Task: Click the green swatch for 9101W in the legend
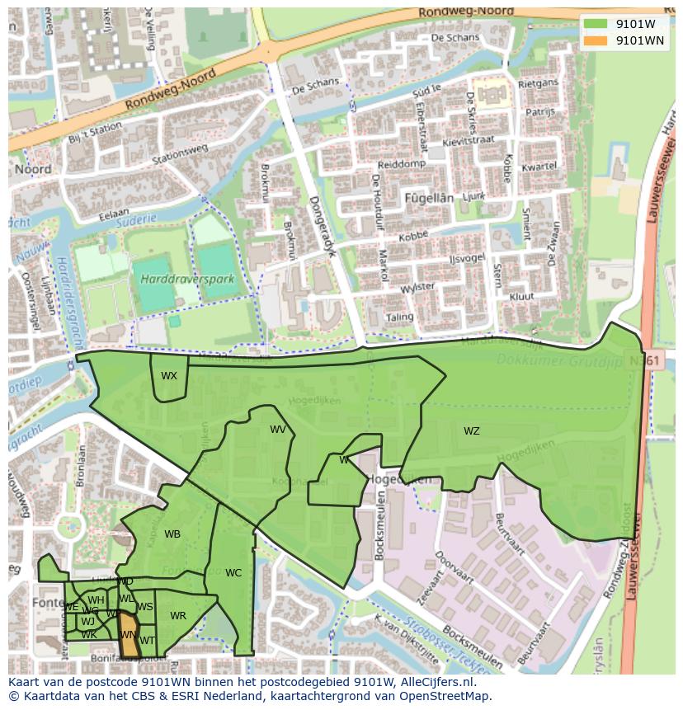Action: coord(594,24)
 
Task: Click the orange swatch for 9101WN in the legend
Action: coord(594,40)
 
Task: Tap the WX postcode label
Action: coord(169,376)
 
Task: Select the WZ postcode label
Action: coord(471,431)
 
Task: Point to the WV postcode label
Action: coord(278,430)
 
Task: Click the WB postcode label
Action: coord(172,534)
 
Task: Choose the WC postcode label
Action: coord(233,573)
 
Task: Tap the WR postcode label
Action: coord(178,616)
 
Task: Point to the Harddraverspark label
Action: coord(187,280)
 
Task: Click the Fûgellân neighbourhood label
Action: coord(429,198)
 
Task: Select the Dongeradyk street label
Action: coord(324,226)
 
